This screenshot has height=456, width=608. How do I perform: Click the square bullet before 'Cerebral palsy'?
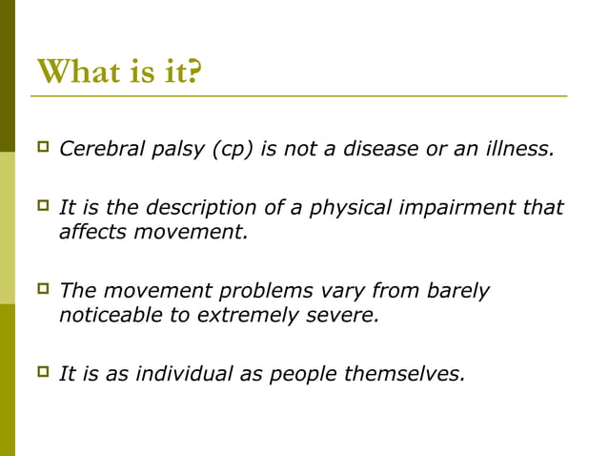42,148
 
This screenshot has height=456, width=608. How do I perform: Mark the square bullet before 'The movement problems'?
42,290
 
